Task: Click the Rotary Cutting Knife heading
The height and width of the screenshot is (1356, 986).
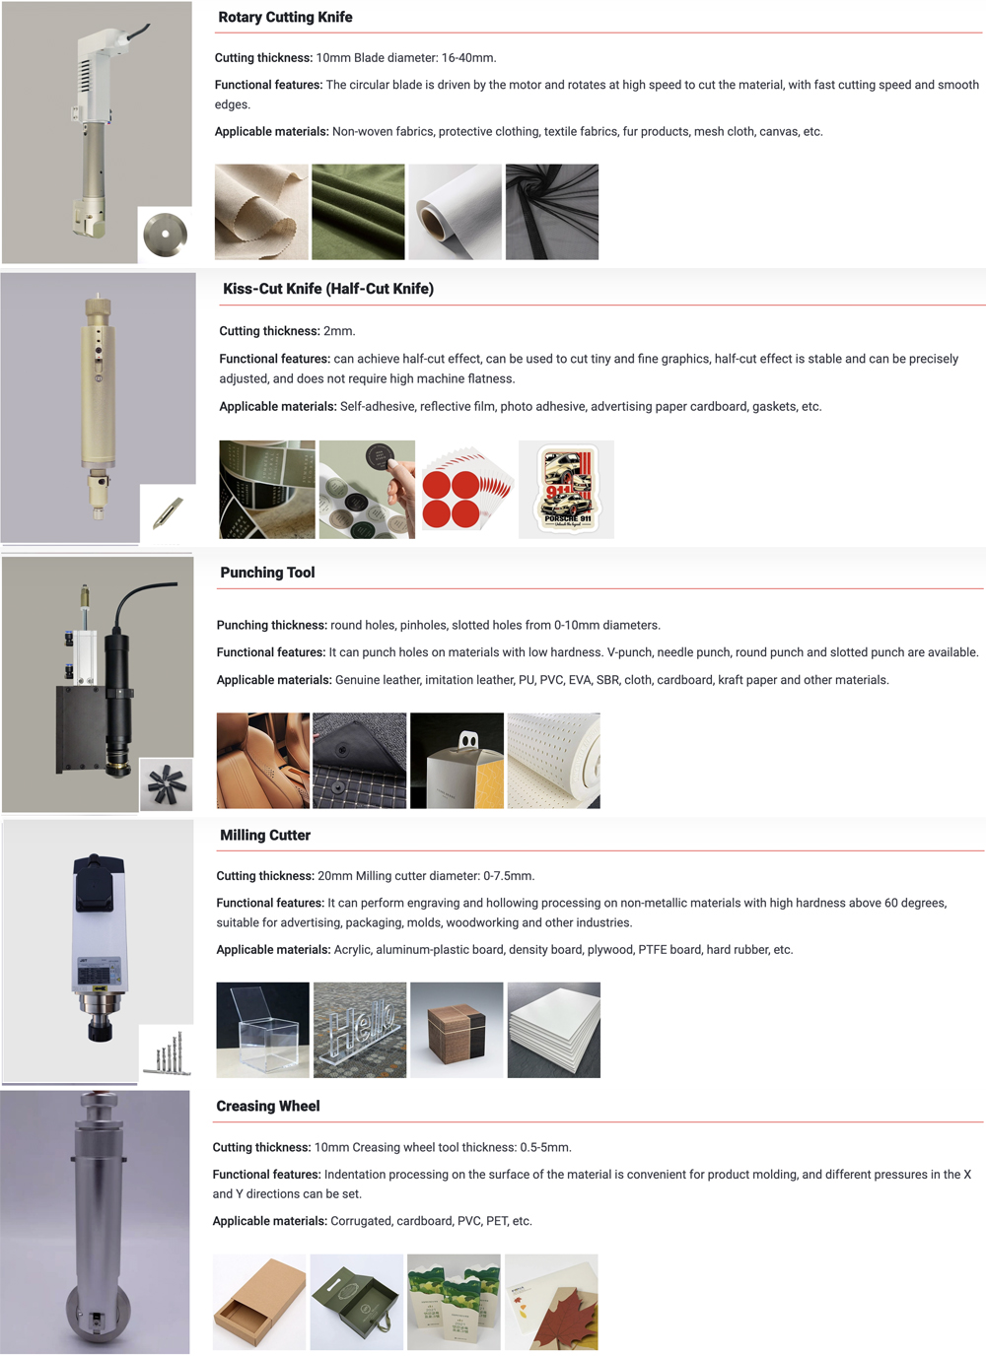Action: pos(285,18)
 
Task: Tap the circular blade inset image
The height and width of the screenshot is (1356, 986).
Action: pos(165,235)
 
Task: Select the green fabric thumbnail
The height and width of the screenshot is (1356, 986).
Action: pos(358,212)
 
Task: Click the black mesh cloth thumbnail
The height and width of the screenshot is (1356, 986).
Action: pos(552,212)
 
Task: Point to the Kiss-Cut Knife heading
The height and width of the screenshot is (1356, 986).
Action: pos(328,289)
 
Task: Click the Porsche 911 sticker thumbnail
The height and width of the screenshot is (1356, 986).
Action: pos(567,489)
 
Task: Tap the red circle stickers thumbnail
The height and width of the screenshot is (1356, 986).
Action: pos(466,489)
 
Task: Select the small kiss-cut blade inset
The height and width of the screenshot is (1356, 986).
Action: pos(168,512)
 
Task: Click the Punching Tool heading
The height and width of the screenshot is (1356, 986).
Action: pos(267,573)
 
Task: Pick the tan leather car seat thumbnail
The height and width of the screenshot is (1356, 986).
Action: pos(262,761)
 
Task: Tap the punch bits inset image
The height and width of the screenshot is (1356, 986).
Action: pos(166,784)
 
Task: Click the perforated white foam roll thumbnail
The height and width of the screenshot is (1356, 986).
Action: pos(553,761)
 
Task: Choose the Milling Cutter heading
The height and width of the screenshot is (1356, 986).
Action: pos(265,836)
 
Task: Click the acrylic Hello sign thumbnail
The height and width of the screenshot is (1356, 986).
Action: pos(359,1030)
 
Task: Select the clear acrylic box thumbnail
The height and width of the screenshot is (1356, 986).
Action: pos(262,1030)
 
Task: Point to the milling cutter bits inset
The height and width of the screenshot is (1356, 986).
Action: pos(167,1052)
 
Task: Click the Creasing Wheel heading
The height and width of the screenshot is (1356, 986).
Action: pos(268,1107)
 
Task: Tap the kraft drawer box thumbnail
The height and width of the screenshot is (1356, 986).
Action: pos(259,1302)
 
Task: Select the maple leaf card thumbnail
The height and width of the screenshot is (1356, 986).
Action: pos(551,1302)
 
